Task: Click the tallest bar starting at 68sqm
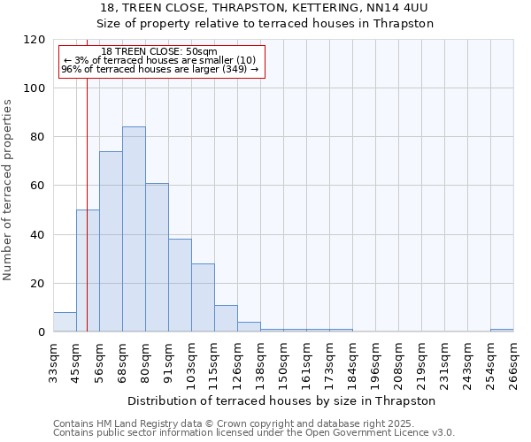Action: click(134, 230)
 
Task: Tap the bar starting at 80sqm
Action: click(157, 257)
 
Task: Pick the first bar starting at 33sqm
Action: click(65, 322)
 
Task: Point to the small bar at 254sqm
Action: click(502, 331)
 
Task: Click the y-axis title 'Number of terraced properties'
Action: click(8, 190)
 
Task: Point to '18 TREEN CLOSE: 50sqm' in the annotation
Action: click(159, 52)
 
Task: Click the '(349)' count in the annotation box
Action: click(235, 69)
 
